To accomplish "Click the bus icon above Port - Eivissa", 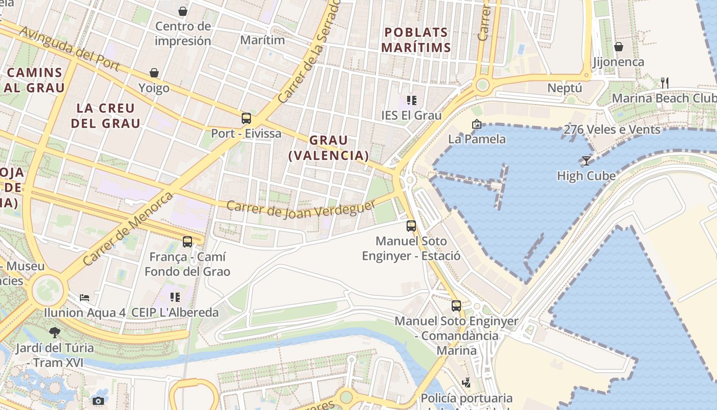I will pyautogui.click(x=246, y=118).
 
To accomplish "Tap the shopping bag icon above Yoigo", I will pyautogui.click(x=154, y=73).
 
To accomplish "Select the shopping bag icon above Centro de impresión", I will pyautogui.click(x=183, y=11).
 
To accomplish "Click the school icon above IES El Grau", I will pyautogui.click(x=411, y=100).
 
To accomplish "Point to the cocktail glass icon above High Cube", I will pyautogui.click(x=586, y=160).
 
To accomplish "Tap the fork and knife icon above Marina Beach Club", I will pyautogui.click(x=664, y=82).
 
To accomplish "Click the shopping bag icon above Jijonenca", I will pyautogui.click(x=618, y=47).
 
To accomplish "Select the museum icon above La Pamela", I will pyautogui.click(x=477, y=124).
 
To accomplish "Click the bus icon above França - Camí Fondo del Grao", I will pyautogui.click(x=187, y=241).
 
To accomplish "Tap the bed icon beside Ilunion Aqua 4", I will pyautogui.click(x=85, y=297).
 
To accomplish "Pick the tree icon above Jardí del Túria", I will pyautogui.click(x=55, y=333).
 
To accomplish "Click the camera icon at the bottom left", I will pyautogui.click(x=98, y=401).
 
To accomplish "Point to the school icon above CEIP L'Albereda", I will pyautogui.click(x=175, y=297).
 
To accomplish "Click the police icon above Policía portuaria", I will pyautogui.click(x=466, y=382).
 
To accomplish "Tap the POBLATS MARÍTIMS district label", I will pyautogui.click(x=417, y=40).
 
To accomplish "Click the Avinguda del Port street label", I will pyautogui.click(x=70, y=49).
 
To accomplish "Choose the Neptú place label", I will pyautogui.click(x=565, y=88).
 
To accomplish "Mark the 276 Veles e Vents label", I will pyautogui.click(x=612, y=130).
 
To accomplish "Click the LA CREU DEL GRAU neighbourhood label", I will pyautogui.click(x=106, y=116).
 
